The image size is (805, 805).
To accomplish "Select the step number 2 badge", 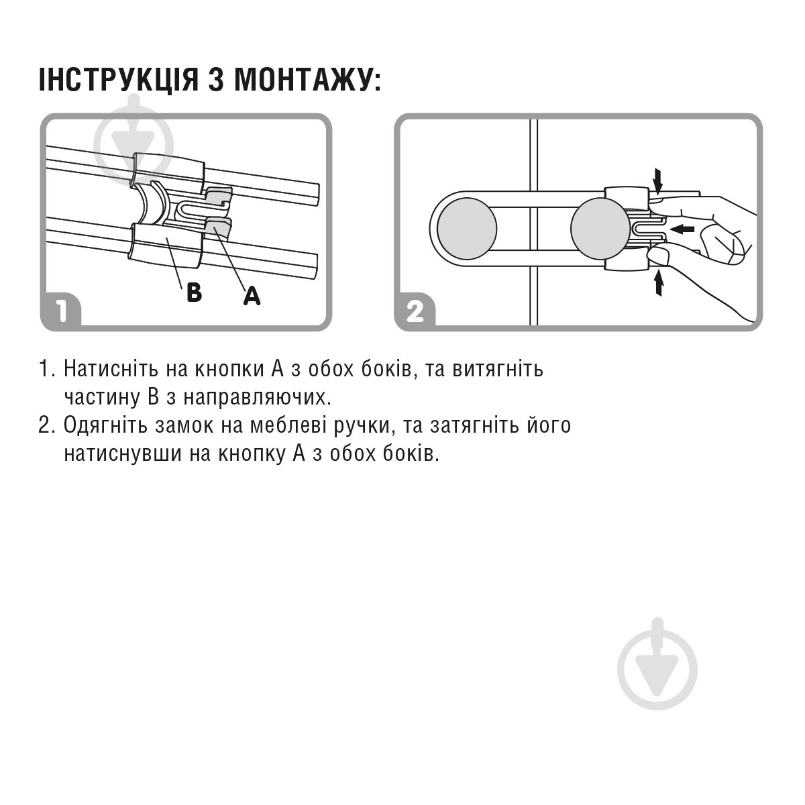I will tap(415, 311).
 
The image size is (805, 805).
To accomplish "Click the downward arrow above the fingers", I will tap(658, 179).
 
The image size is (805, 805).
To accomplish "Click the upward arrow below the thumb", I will tap(658, 283).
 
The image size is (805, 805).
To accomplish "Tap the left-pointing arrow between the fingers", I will tap(682, 229).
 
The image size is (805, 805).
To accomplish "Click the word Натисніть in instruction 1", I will tap(109, 369).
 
